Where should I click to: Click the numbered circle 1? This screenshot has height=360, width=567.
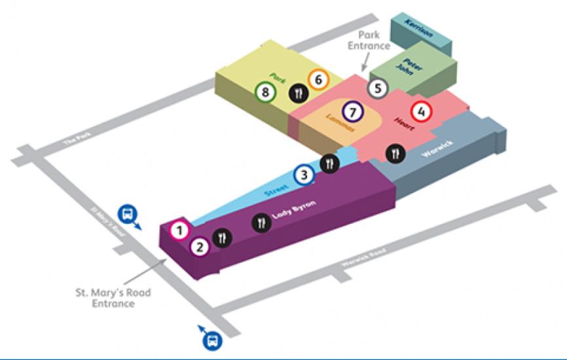180,230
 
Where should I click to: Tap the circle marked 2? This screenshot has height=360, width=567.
200,247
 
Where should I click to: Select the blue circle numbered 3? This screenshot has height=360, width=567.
304,175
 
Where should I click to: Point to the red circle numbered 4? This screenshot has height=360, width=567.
422,112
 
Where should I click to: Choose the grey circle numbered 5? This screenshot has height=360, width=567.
376,88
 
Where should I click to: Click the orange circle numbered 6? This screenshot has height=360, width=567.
318,80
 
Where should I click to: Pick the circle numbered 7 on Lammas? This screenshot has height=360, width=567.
353,112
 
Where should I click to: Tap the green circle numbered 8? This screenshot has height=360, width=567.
265,92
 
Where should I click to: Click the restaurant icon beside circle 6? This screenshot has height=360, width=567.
298,94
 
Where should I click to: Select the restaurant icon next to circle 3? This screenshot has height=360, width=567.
329,163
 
